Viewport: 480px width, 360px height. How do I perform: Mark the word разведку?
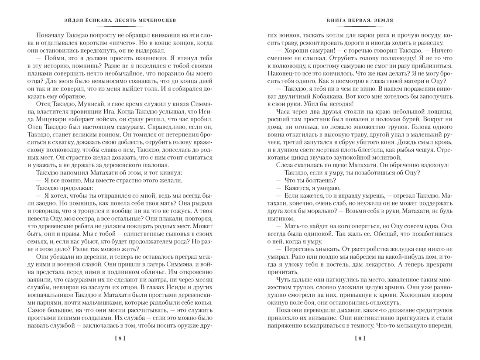[x=430, y=42]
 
